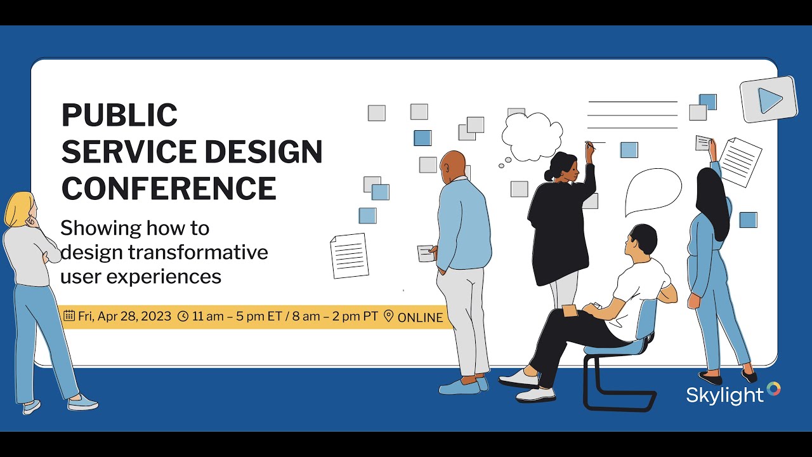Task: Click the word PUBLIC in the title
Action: tap(119, 116)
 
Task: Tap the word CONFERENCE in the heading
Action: tap(169, 189)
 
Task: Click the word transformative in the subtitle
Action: tap(198, 253)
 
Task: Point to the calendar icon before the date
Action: tap(69, 315)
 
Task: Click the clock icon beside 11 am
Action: tap(183, 316)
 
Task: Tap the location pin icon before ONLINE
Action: tap(389, 316)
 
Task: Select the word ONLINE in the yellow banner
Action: tap(420, 317)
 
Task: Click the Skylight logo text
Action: tap(724, 395)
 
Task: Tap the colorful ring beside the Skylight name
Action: tap(773, 388)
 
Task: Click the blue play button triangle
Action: tap(770, 100)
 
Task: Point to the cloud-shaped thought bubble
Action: tap(532, 136)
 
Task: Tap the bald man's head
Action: tap(453, 165)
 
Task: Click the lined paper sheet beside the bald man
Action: tap(350, 255)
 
